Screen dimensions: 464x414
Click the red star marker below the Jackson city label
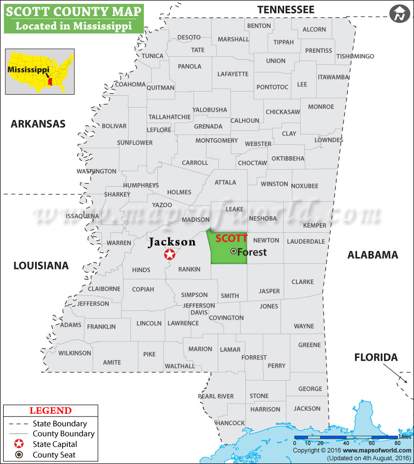[169, 254]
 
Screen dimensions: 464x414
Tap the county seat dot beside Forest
[233, 251]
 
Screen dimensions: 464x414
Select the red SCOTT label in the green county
[231, 238]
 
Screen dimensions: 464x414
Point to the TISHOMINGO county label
[355, 56]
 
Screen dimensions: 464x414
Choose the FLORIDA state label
[376, 357]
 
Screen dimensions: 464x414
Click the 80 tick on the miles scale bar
[397, 443]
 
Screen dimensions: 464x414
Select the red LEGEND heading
[50, 411]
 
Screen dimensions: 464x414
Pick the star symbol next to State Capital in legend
[19, 444]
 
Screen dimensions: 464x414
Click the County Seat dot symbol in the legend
[19, 455]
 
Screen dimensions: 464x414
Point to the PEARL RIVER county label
[216, 396]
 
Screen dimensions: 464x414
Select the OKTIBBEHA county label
[288, 158]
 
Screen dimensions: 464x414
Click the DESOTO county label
[189, 37]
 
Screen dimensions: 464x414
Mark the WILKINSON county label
[75, 353]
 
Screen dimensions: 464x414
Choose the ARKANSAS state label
[38, 124]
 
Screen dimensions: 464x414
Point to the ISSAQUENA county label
[83, 216]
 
